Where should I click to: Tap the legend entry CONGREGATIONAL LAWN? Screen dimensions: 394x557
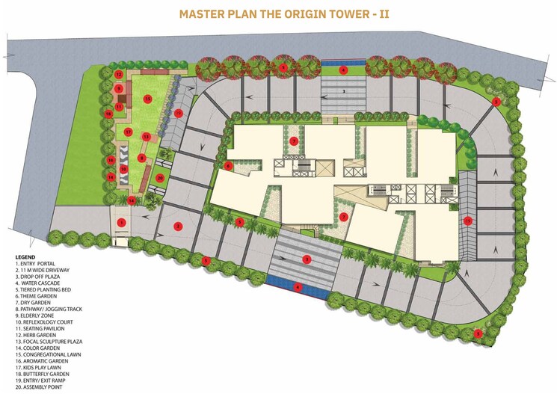(x=49, y=354)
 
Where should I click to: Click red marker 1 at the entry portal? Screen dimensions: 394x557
(x=120, y=222)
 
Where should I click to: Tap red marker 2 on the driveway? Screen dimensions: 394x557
(x=178, y=225)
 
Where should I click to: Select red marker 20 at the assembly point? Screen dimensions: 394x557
(x=159, y=178)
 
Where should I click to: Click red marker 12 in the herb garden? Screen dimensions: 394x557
(x=118, y=74)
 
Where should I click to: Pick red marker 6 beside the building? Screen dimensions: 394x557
(x=228, y=165)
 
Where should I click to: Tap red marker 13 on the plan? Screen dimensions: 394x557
(x=146, y=137)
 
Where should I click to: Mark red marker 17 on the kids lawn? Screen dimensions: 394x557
(x=128, y=132)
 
